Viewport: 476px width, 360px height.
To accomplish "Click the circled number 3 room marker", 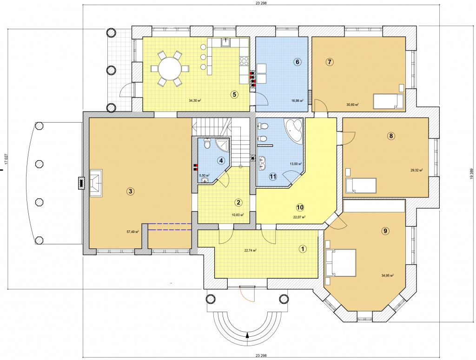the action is (x=130, y=191).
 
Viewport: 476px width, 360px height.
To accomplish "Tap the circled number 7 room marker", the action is (x=330, y=62).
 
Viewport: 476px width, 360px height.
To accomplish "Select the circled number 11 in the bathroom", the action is (x=273, y=176).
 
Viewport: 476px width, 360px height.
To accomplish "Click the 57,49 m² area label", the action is (x=132, y=232).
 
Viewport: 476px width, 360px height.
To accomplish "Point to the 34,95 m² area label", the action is (x=388, y=275).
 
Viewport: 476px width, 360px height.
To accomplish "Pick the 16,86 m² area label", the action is (x=297, y=100).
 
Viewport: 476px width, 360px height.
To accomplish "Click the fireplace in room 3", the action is (x=96, y=183).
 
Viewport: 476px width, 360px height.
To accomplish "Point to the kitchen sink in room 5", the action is (x=225, y=42).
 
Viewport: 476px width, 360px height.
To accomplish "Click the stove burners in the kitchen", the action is (x=244, y=61).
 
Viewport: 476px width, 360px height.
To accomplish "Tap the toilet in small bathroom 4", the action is (x=207, y=143).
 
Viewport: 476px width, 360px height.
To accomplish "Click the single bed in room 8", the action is (x=361, y=186).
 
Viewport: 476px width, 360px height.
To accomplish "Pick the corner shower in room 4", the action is (x=223, y=144).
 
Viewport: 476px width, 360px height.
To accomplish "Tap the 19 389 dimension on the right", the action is (x=471, y=174).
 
